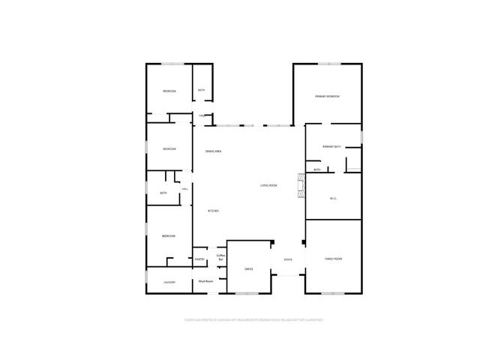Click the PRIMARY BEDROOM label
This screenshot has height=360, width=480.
[x=328, y=97]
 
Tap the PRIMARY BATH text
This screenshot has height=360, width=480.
[x=332, y=146]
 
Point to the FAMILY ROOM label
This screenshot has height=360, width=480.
[x=333, y=259]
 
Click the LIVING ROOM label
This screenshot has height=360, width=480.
[x=268, y=185]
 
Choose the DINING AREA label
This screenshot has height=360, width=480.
[x=213, y=151]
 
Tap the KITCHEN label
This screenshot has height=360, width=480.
[x=213, y=211]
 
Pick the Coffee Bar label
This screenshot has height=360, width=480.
[x=220, y=257]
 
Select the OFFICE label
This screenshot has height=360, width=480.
[x=249, y=268]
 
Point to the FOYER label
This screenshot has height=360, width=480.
[x=287, y=259]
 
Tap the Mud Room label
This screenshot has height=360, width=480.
[x=205, y=281]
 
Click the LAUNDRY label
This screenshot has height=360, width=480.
[x=170, y=282]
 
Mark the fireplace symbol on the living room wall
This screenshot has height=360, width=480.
[x=301, y=184]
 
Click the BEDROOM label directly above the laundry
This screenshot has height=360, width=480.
[x=169, y=236]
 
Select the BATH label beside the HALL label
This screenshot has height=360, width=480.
[x=163, y=193]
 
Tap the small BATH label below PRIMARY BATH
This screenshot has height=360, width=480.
[x=317, y=170]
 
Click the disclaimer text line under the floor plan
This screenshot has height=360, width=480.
[x=253, y=319]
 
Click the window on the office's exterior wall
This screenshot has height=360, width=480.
[x=247, y=292]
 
